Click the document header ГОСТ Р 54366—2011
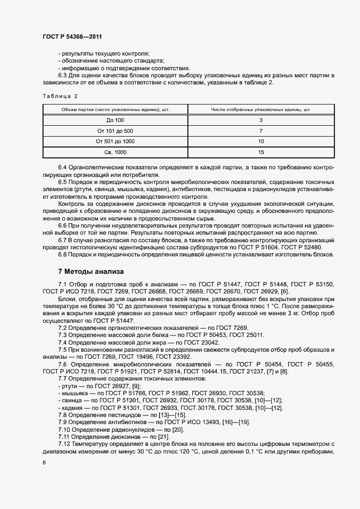[72, 36]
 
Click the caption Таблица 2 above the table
[60, 96]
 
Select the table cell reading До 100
[115, 120]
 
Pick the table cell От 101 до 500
[115, 131]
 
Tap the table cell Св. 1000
[115, 152]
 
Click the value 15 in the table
[261, 152]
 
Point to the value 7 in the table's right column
[261, 131]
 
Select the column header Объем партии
[115, 109]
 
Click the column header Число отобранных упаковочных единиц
[261, 109]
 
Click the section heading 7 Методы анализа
[91, 271]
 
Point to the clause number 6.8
[63, 255]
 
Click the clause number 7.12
[64, 445]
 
